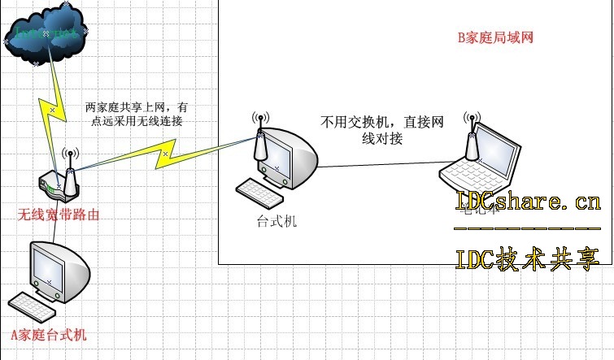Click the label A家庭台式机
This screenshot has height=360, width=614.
pos(48,334)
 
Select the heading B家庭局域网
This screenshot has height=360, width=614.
pos(495,37)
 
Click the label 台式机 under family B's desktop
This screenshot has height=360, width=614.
pos(272,220)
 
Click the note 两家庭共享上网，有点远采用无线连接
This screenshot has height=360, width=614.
pos(139,114)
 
